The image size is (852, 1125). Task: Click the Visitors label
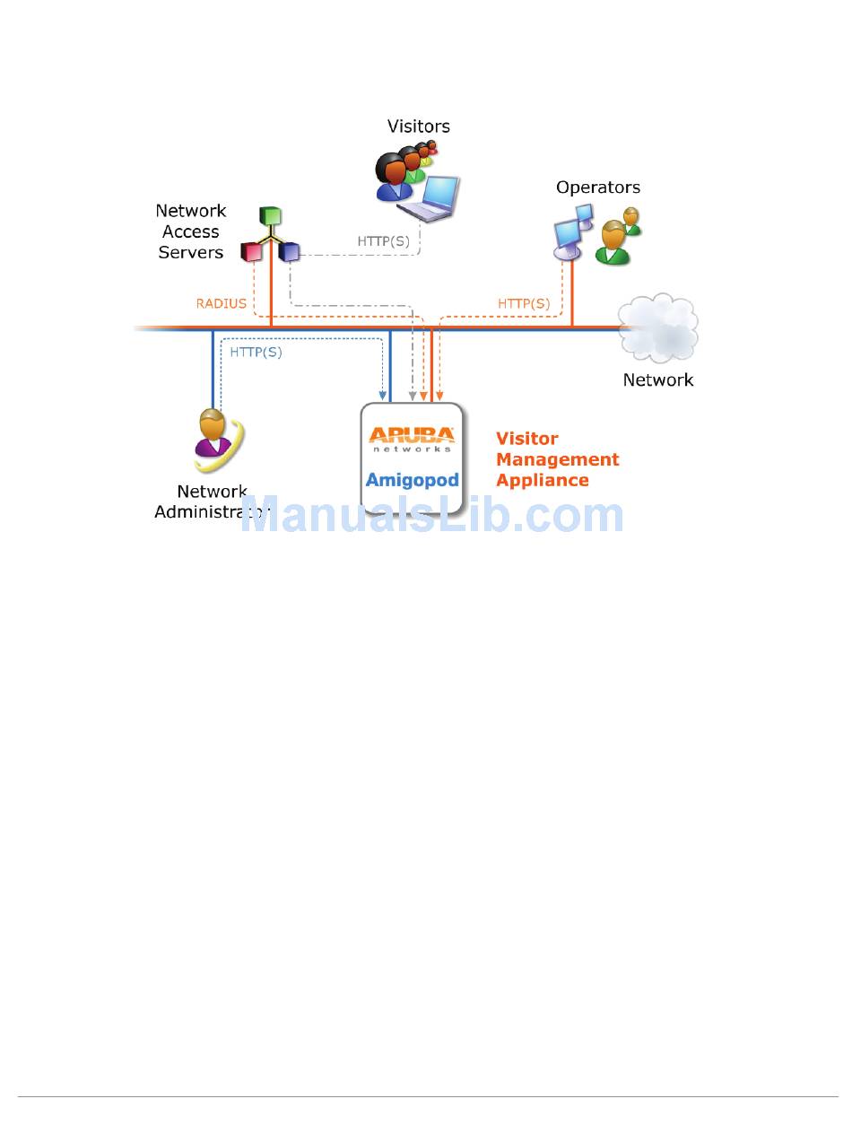(418, 126)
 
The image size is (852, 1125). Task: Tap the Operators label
(597, 187)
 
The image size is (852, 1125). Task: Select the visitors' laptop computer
(430, 198)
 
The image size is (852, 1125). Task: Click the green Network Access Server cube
(270, 216)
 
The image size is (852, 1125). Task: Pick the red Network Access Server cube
(251, 252)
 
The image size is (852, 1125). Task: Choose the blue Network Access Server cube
(289, 252)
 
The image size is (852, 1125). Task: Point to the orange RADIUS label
(221, 303)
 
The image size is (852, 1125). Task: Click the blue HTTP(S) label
(256, 353)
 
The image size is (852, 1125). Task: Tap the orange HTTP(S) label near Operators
(524, 303)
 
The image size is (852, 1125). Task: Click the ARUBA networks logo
(413, 439)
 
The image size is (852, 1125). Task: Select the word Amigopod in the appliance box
(413, 480)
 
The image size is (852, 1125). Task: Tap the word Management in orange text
(557, 459)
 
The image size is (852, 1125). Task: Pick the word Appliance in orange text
(542, 480)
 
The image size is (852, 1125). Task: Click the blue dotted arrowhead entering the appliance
(383, 396)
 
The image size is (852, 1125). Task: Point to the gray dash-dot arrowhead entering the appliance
(412, 396)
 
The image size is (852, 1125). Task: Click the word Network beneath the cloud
(658, 379)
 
